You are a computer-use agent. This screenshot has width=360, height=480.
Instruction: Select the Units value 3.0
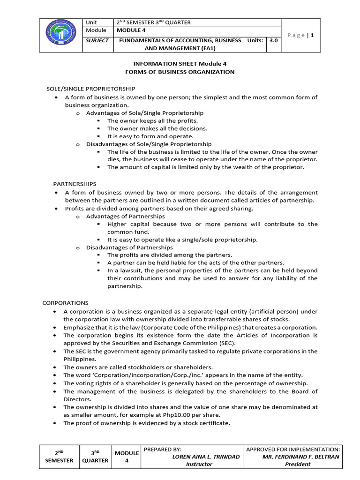point(273,40)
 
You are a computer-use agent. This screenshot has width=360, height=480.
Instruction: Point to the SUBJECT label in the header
point(97,40)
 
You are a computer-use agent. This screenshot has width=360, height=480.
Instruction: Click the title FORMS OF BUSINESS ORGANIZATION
point(180,72)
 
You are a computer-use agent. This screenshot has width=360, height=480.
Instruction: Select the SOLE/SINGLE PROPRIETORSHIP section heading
point(91,89)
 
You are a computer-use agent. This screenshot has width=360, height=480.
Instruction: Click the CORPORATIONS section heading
point(65,303)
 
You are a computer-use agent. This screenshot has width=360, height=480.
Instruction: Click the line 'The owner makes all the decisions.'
point(157,128)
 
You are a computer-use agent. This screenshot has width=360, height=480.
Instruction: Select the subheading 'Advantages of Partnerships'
point(125,216)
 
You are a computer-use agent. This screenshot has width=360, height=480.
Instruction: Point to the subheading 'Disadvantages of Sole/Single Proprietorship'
point(149,144)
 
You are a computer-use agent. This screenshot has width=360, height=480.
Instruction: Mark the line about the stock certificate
point(147,423)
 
